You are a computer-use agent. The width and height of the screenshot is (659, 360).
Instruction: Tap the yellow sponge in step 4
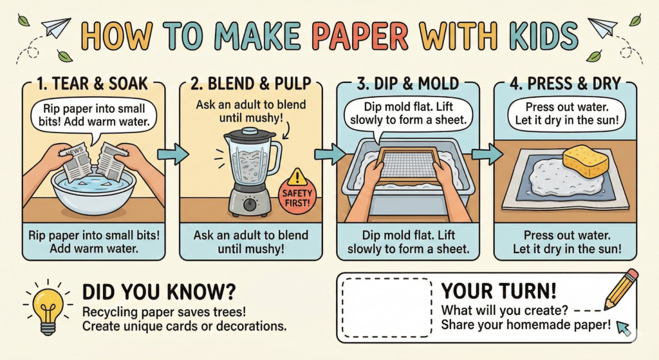coord(585,162)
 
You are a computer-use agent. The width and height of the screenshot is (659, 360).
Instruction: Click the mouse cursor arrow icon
coord(623,328)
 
